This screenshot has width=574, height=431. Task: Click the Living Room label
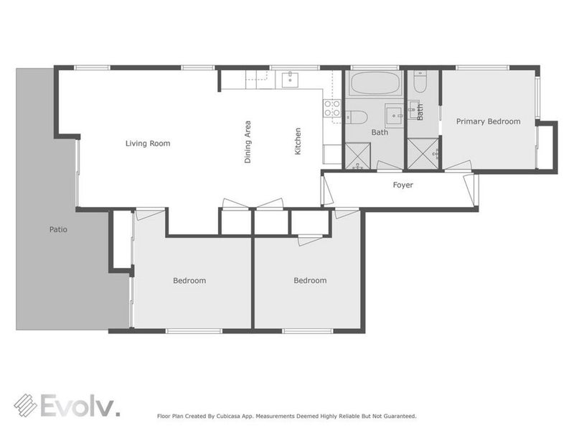(x=148, y=144)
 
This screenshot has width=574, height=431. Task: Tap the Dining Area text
(x=248, y=142)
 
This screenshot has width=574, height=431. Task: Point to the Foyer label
(x=403, y=185)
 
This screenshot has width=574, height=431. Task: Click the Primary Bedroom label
(x=489, y=121)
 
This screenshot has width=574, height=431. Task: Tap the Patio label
(x=58, y=231)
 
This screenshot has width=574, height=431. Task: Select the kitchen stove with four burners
(x=331, y=108)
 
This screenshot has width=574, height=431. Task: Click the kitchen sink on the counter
(x=290, y=79)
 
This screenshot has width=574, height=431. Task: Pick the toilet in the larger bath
(x=357, y=118)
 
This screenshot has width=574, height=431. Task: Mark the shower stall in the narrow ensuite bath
(x=421, y=153)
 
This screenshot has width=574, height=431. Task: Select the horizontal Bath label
(x=380, y=133)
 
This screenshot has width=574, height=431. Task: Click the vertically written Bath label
(x=420, y=112)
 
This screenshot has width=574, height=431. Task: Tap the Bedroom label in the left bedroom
(x=189, y=281)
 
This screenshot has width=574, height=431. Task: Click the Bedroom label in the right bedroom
(x=310, y=281)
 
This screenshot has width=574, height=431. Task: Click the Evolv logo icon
(x=27, y=405)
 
